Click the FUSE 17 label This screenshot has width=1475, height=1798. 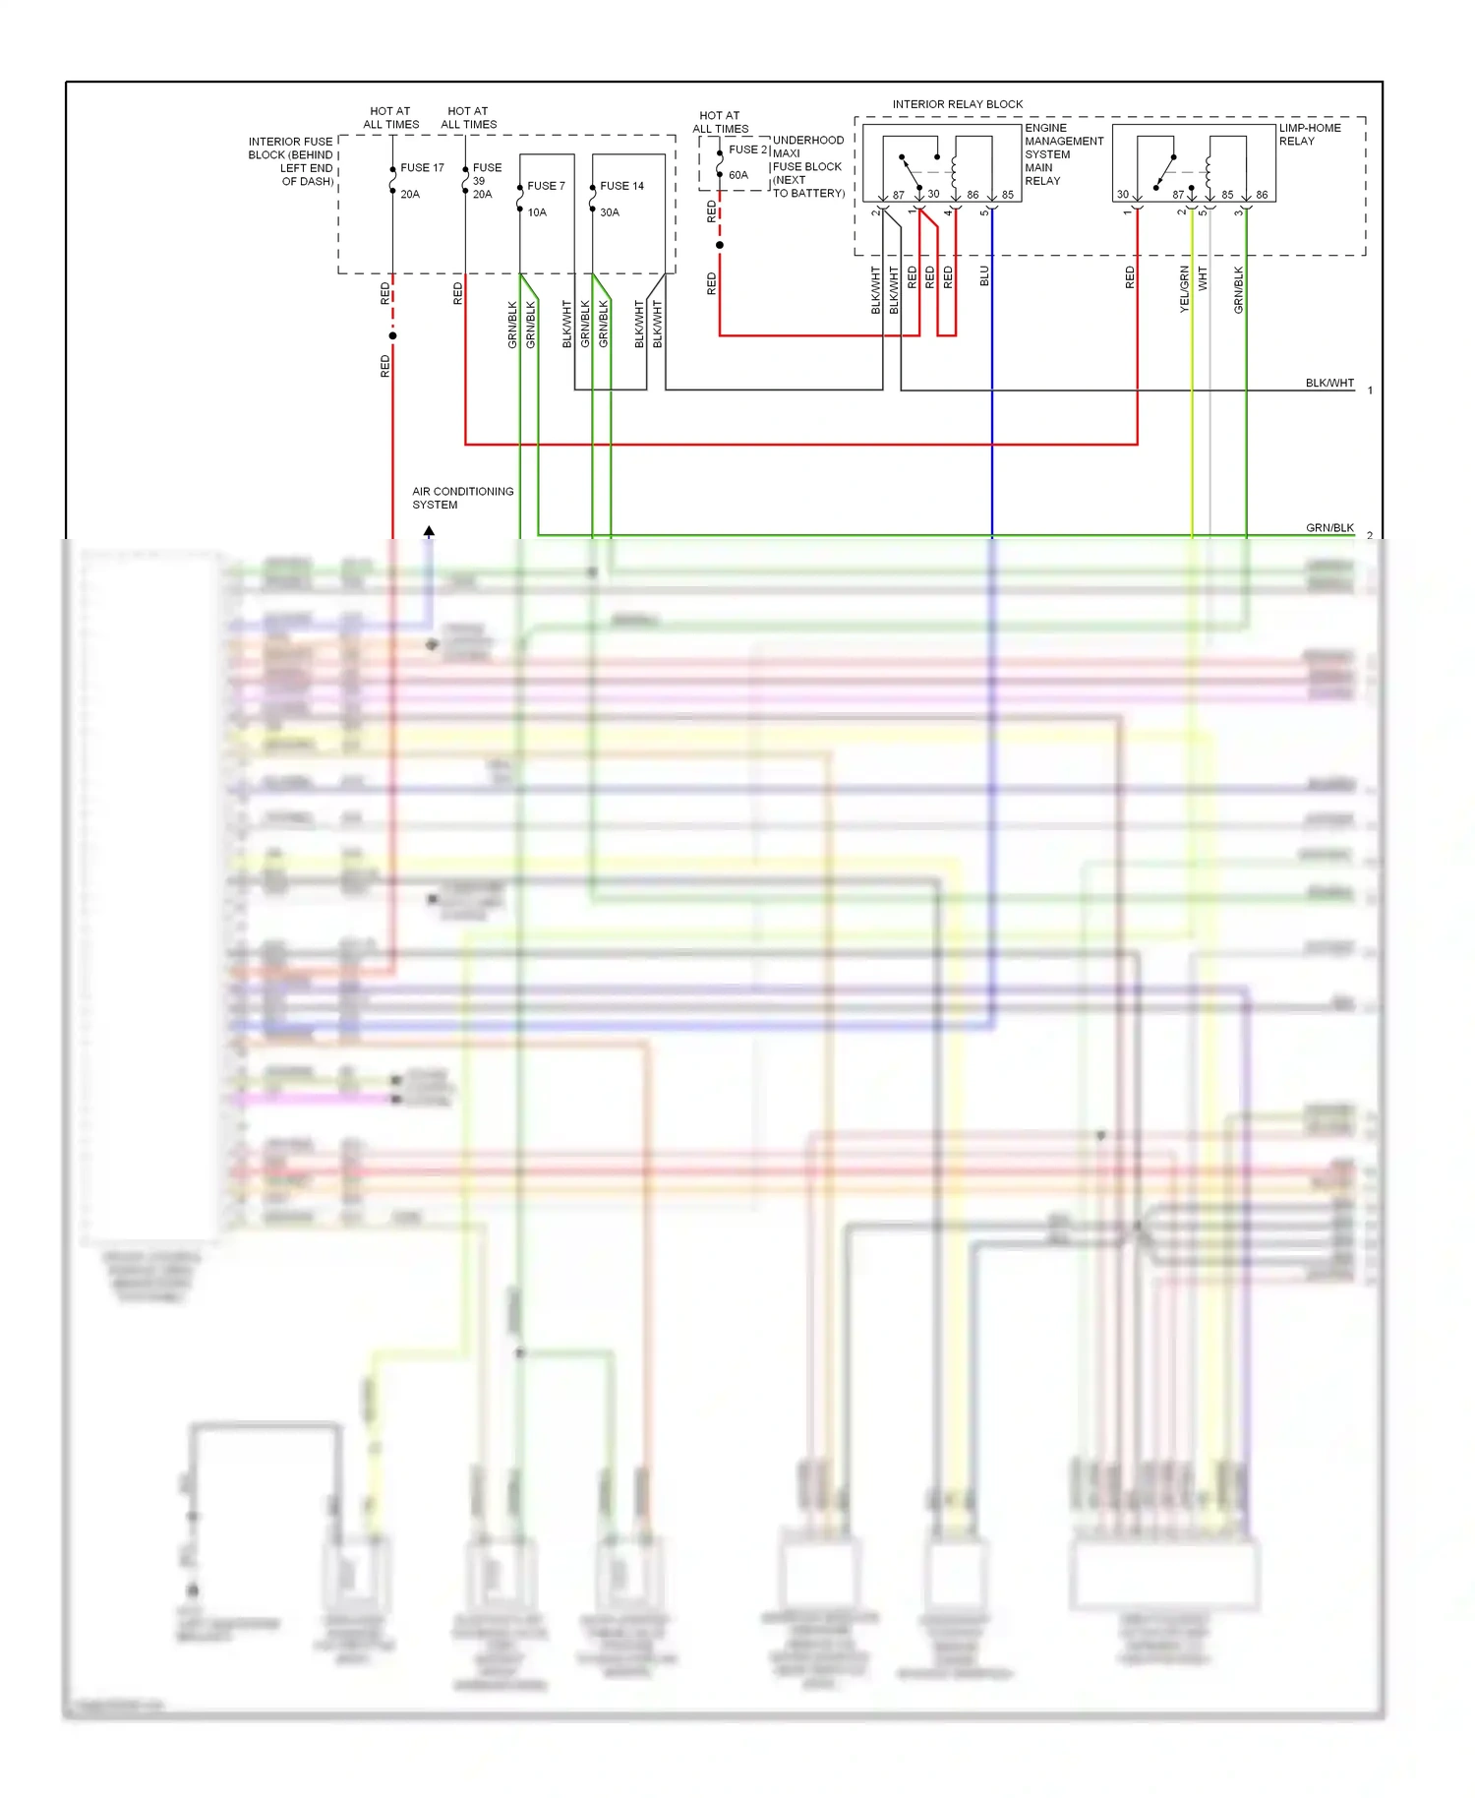(x=422, y=168)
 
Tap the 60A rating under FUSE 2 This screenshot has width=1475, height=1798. (x=738, y=175)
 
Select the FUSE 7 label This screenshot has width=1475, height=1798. (x=546, y=186)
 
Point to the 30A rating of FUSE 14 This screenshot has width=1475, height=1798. (x=610, y=212)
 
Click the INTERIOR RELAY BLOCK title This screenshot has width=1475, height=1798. (x=957, y=104)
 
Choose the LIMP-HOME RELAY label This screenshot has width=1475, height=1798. (x=1309, y=135)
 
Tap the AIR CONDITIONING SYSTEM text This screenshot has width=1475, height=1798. (x=462, y=498)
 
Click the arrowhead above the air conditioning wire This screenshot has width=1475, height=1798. (x=429, y=531)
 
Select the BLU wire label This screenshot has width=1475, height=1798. (x=984, y=276)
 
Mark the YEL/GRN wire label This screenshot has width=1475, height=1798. (x=1184, y=289)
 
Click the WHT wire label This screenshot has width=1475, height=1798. (x=1202, y=278)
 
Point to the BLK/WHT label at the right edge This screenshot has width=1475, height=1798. (x=1329, y=383)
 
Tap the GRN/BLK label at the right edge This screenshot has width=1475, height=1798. (x=1329, y=528)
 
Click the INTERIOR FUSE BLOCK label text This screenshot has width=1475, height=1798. (x=291, y=161)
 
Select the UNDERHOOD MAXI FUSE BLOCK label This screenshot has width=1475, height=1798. (x=807, y=167)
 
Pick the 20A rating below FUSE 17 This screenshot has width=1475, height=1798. (x=410, y=195)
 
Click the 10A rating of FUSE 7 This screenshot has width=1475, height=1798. (x=537, y=212)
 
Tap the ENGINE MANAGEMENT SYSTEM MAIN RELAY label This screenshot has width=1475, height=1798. (x=1063, y=154)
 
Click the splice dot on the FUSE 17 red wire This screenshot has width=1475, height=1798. (x=392, y=336)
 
